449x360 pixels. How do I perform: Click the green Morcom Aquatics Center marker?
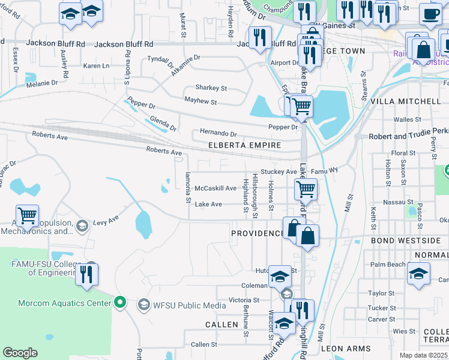120,302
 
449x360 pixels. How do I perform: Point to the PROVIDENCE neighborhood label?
258,233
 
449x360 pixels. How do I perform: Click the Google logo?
20,353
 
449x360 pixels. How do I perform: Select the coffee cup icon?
430,13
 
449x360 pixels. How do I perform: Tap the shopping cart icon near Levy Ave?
27,216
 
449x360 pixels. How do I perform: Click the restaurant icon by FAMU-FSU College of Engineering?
88,274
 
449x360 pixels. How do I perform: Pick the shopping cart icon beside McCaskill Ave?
306,190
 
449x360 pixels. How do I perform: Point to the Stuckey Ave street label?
279,172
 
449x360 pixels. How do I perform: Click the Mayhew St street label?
200,101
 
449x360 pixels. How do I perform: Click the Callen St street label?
203,344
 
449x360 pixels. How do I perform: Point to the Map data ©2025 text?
424,355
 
